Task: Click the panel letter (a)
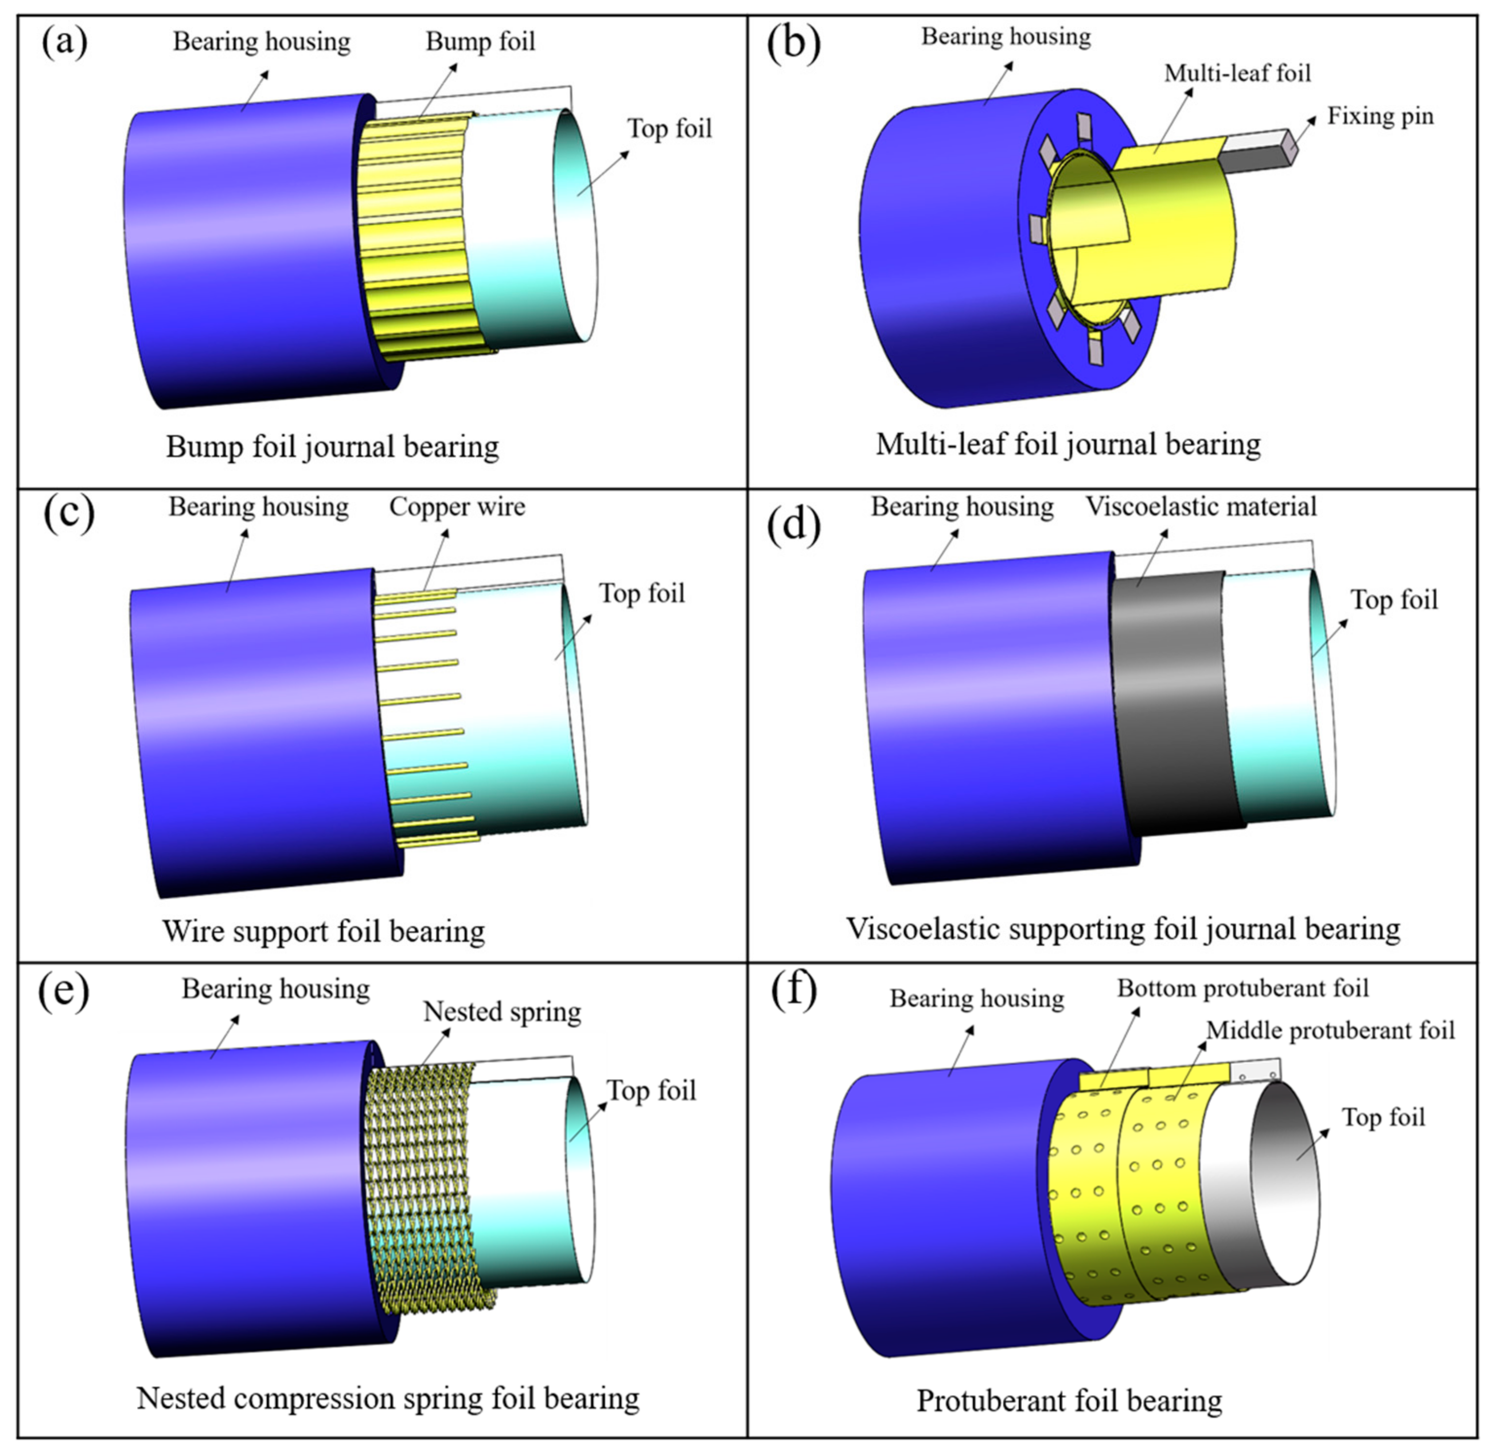pos(64,42)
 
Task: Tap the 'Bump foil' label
pos(480,41)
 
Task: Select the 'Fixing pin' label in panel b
pos(1380,116)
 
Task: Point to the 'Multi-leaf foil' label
pos(1237,74)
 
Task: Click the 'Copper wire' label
pos(457,506)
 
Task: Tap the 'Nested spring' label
pos(502,1012)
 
